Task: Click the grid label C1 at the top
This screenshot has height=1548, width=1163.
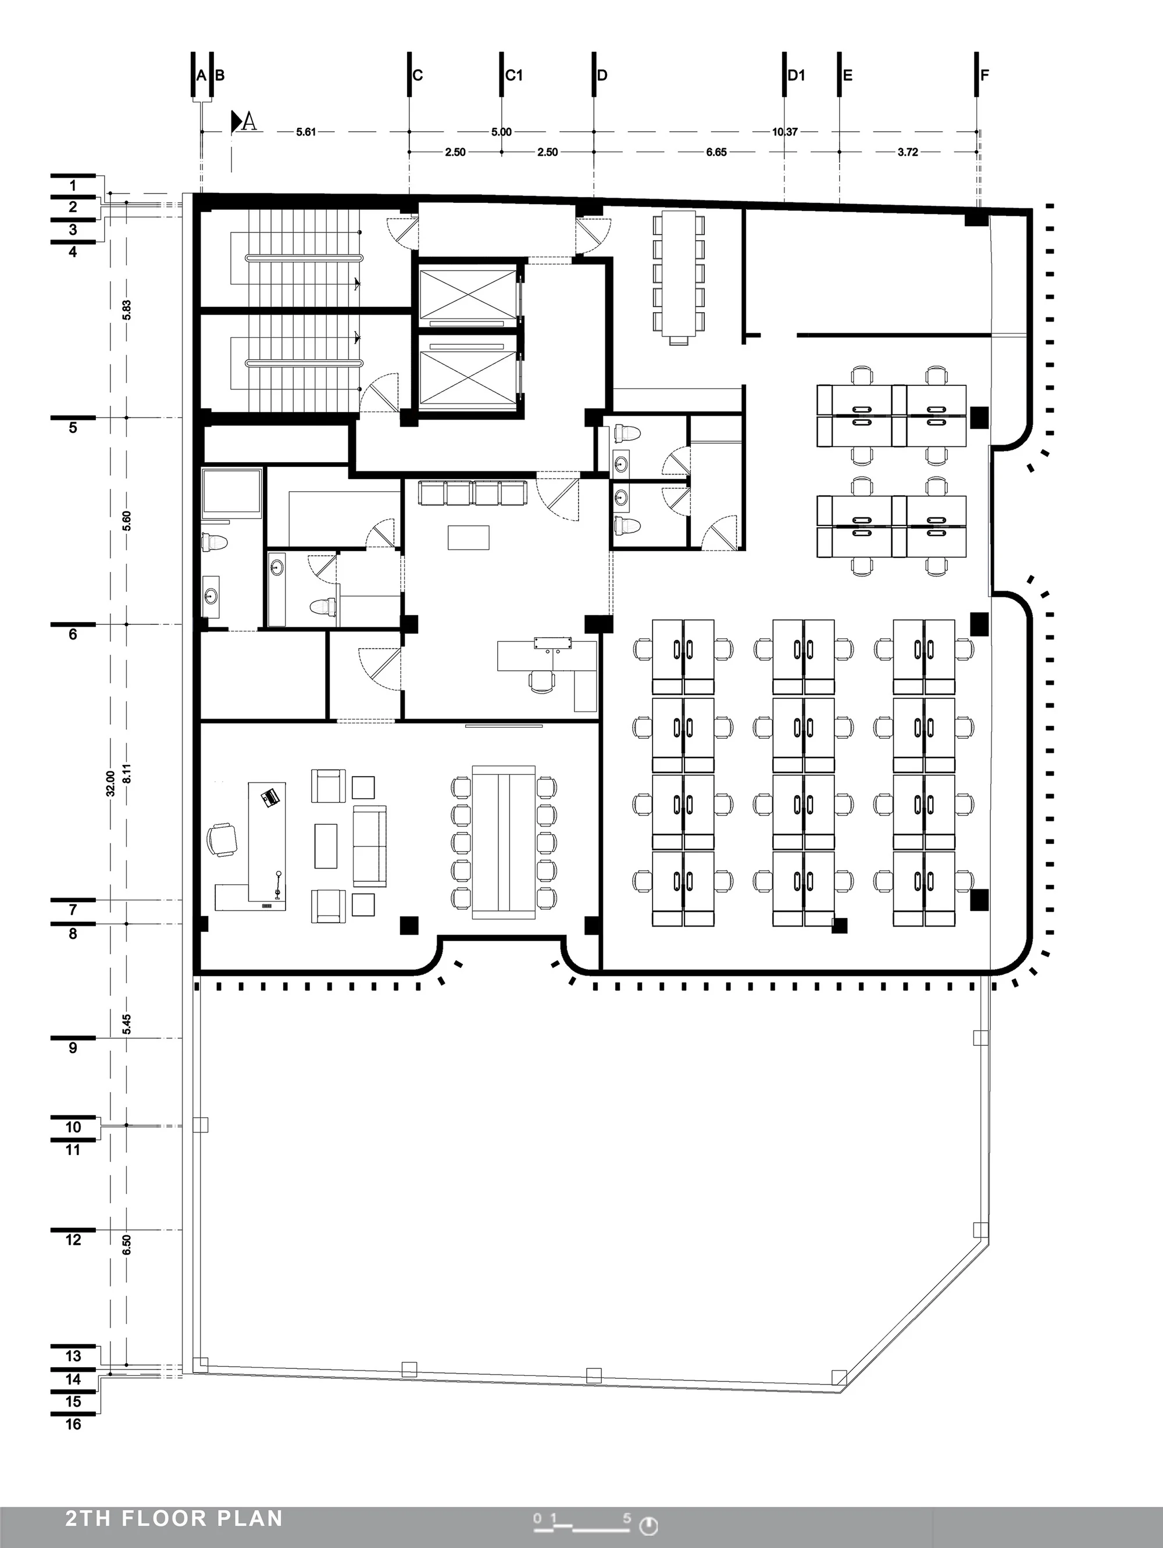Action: (515, 76)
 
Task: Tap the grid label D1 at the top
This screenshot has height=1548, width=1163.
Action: (797, 76)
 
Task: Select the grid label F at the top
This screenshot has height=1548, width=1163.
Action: (984, 76)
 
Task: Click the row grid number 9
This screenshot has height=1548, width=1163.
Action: (73, 1048)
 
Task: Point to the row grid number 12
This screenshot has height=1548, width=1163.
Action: (73, 1240)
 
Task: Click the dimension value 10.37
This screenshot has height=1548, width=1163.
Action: (785, 131)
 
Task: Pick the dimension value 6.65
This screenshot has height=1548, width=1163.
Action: (716, 152)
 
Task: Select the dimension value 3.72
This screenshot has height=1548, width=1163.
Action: (908, 152)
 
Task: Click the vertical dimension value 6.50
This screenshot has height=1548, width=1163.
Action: (127, 1245)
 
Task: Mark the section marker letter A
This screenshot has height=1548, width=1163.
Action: (248, 123)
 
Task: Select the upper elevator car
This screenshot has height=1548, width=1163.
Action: (466, 294)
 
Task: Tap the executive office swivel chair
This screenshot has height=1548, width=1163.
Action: (222, 838)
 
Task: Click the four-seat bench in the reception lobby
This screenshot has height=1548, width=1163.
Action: (473, 494)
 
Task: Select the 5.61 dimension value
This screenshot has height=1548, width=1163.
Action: (306, 131)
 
